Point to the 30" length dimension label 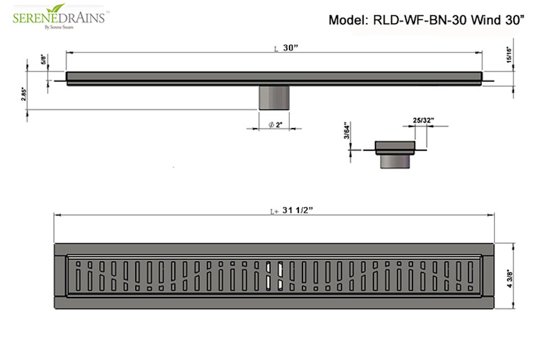(x=291, y=48)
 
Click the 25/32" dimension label (x=423, y=120)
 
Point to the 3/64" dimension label (x=347, y=132)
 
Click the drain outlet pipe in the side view (x=274, y=98)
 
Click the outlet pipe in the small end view (x=394, y=161)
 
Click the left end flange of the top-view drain (x=60, y=276)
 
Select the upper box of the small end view (x=394, y=147)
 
